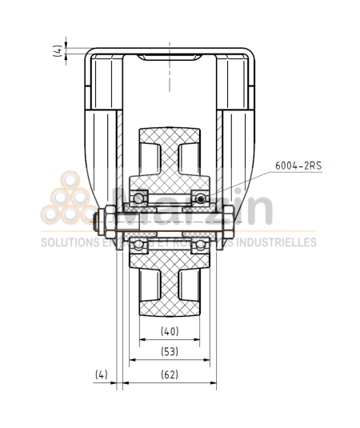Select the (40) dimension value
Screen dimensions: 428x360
pyautogui.click(x=170, y=330)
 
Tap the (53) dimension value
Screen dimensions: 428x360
pyautogui.click(x=170, y=350)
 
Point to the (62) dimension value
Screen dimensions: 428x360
pyautogui.click(x=170, y=374)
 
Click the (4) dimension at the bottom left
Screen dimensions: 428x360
pyautogui.click(x=101, y=374)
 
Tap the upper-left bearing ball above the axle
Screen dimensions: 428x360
pyautogui.click(x=141, y=198)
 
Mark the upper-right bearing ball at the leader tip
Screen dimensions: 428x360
pyautogui.click(x=198, y=198)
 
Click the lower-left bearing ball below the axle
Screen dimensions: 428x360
pyautogui.click(x=141, y=243)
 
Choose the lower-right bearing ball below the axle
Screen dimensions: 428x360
pyautogui.click(x=198, y=243)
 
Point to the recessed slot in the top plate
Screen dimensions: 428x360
pyautogui.click(x=170, y=58)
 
